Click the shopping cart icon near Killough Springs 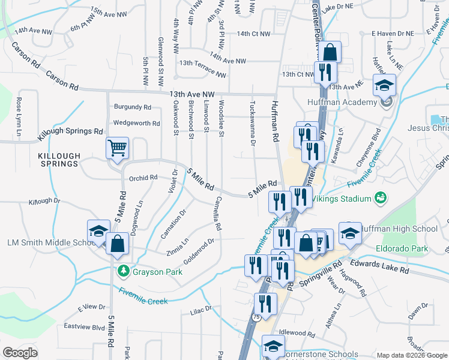(118, 148)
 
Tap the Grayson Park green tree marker (123, 271)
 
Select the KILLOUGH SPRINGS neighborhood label (58, 160)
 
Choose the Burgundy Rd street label (132, 107)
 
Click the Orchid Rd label (143, 178)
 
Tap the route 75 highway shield (256, 318)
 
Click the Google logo (20, 352)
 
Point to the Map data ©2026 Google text (411, 355)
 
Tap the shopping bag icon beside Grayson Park (118, 244)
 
